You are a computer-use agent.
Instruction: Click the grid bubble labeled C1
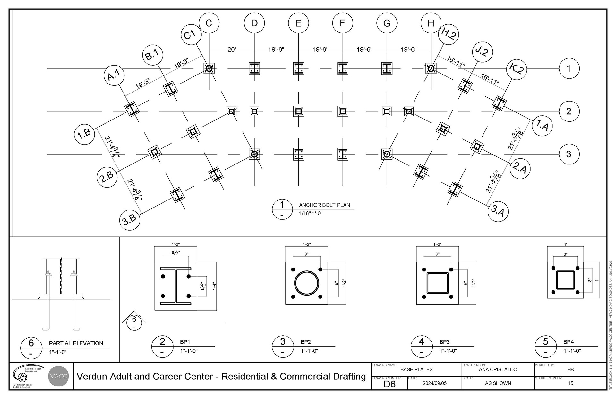tap(191, 35)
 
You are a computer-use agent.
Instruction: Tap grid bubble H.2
tap(449, 34)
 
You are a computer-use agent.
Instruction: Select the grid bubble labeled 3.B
tap(130, 220)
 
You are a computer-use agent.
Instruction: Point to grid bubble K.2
tap(517, 69)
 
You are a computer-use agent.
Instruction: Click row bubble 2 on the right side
tap(569, 111)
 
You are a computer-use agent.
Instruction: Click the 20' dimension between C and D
tap(232, 49)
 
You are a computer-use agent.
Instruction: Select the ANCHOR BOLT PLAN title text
tap(324, 205)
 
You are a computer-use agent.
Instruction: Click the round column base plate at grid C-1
tap(209, 68)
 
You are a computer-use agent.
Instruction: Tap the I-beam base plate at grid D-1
tap(254, 68)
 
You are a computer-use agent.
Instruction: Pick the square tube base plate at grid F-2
tap(343, 111)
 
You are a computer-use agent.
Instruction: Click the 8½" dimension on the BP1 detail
tap(175, 253)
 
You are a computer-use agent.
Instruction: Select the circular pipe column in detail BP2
tap(307, 283)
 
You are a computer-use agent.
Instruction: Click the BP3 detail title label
tap(444, 342)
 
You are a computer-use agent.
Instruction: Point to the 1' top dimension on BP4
tap(565, 244)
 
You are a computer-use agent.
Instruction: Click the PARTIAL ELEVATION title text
tap(76, 343)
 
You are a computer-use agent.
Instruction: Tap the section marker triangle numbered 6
tap(134, 319)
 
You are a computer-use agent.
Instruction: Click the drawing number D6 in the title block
tap(389, 384)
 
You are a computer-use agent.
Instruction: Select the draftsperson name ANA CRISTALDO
tap(498, 369)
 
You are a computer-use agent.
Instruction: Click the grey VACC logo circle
tap(58, 376)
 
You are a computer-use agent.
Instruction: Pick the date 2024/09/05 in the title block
tap(434, 383)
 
